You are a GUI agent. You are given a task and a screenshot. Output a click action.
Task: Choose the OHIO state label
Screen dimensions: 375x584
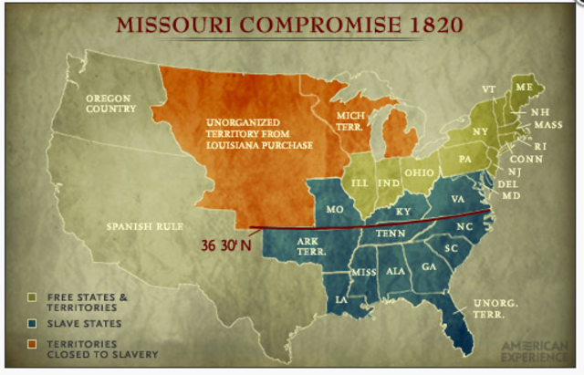coord(419,172)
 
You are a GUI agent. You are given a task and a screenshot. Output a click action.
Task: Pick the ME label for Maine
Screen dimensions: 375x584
coord(523,86)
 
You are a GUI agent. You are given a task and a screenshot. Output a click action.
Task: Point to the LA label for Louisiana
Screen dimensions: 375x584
coord(340,298)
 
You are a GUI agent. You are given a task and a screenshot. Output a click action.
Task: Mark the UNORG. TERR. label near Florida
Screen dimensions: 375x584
coord(493,308)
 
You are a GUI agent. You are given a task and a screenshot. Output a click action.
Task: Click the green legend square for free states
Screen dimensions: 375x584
coord(32,297)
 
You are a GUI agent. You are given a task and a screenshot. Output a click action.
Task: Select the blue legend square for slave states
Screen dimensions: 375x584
coord(32,322)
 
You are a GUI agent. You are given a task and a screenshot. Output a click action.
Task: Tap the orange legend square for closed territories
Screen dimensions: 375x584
coord(32,344)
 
